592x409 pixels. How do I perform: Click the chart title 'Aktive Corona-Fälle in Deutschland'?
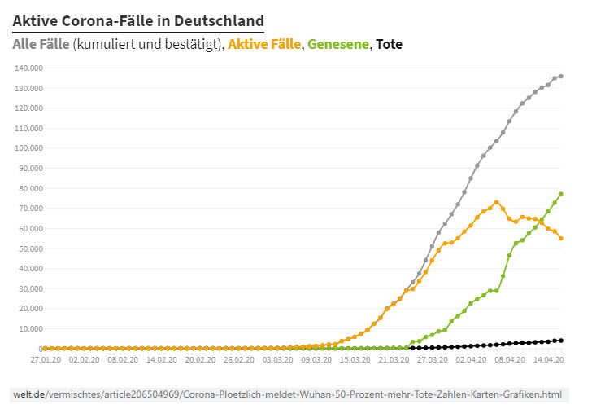pyautogui.click(x=138, y=20)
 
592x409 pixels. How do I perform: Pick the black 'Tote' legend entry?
pyautogui.click(x=389, y=44)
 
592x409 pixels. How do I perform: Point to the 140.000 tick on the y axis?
pyautogui.click(x=28, y=68)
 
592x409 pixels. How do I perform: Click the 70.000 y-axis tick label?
pyautogui.click(x=30, y=208)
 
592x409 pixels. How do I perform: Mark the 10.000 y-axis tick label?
pyautogui.click(x=30, y=328)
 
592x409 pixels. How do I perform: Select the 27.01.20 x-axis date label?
pyautogui.click(x=46, y=358)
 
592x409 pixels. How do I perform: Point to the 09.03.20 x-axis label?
pyautogui.click(x=316, y=358)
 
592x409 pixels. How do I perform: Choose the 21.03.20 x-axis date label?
pyautogui.click(x=394, y=358)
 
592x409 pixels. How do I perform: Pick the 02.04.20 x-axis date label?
pyautogui.click(x=471, y=358)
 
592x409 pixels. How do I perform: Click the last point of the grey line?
pyautogui.click(x=561, y=77)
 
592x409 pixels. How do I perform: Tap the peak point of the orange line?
pyautogui.click(x=497, y=202)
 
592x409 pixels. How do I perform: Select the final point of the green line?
pyautogui.click(x=561, y=194)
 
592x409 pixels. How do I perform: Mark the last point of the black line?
pyautogui.click(x=561, y=341)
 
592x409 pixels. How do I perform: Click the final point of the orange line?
pyautogui.click(x=561, y=239)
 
